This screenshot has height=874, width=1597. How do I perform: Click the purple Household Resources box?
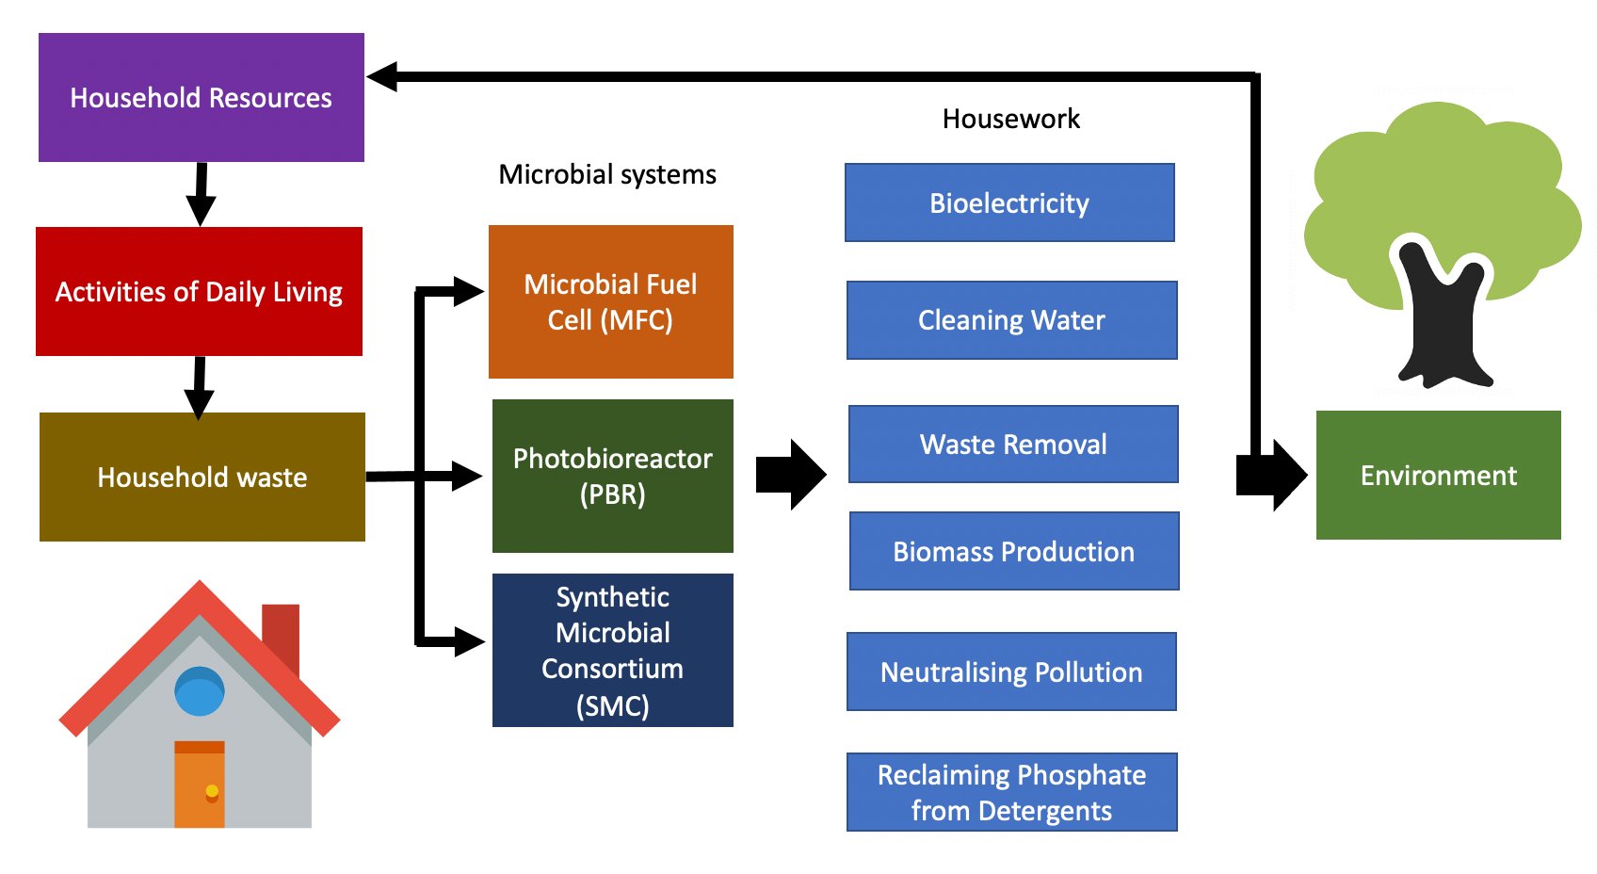tap(201, 97)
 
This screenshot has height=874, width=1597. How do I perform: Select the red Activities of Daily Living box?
tap(199, 291)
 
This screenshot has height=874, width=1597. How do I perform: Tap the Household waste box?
tap(202, 477)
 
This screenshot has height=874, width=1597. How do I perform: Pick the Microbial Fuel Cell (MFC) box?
tap(610, 301)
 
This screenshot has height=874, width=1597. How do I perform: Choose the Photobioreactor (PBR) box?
tap(612, 476)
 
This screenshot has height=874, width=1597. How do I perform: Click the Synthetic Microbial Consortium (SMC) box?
tap(612, 650)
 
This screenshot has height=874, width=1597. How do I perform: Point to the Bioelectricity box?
tap(1009, 202)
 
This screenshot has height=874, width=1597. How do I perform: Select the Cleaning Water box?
tap(1011, 320)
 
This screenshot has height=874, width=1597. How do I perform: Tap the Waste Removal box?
tap(1013, 444)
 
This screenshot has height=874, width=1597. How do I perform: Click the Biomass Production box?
tap(1014, 551)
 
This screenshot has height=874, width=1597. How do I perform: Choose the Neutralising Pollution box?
tap(1011, 672)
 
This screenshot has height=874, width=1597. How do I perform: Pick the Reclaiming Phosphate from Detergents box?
tap(1011, 792)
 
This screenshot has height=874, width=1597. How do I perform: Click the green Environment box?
tap(1438, 475)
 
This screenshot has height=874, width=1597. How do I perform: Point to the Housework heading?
tap(1010, 119)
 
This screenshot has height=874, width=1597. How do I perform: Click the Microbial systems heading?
tap(607, 174)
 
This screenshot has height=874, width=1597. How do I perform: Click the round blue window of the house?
tap(200, 690)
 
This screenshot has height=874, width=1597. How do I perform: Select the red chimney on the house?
tap(282, 631)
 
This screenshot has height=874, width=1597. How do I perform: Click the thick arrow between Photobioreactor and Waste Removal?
tap(791, 475)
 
